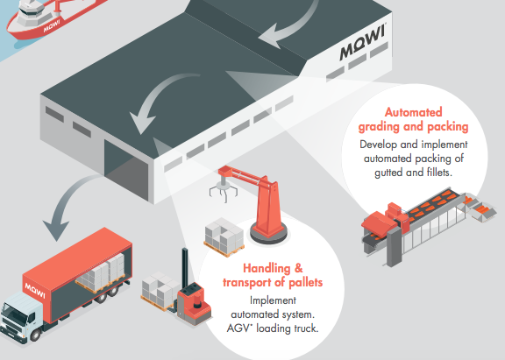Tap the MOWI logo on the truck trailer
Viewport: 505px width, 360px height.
(x=35, y=290)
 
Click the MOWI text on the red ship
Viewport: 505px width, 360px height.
(x=52, y=26)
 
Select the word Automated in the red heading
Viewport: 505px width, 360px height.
(x=413, y=112)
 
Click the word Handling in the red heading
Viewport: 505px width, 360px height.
(x=267, y=268)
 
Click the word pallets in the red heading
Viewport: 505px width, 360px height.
(x=306, y=282)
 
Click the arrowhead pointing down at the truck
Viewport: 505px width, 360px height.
(x=56, y=229)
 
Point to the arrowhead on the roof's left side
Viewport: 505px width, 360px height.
(x=142, y=122)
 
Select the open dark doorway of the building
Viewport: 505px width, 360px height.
(x=126, y=171)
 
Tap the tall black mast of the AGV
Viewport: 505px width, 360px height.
(x=185, y=268)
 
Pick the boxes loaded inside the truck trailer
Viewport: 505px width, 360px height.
(x=103, y=272)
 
